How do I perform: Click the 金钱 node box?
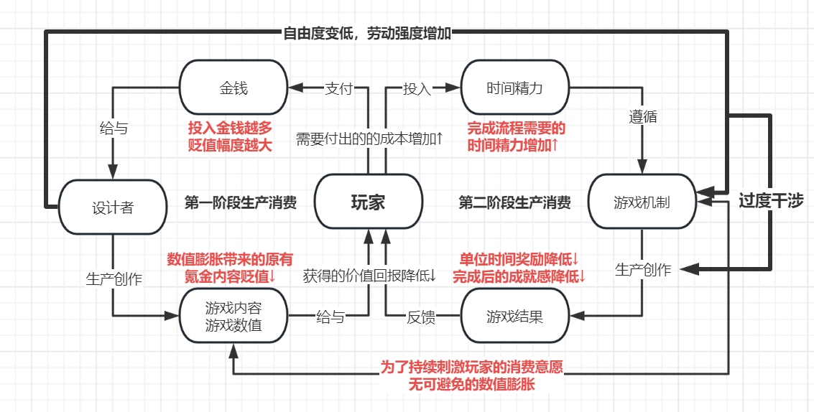point(233,88)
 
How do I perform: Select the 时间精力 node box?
point(514,88)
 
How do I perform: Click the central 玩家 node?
point(368,202)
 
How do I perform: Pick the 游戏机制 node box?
point(642,202)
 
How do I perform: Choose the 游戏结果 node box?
point(514,316)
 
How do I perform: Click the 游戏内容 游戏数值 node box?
point(233,316)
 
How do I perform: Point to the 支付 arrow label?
point(338,88)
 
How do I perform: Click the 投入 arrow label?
point(417,88)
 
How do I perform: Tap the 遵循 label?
point(643,116)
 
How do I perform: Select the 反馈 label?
point(421,317)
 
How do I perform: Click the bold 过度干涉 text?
point(771,201)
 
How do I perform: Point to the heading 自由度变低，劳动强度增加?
point(367,33)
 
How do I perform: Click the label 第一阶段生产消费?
point(241,203)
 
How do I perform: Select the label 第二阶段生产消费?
point(514,203)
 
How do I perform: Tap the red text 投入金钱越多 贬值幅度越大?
point(231,136)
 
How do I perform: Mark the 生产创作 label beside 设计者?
point(113,279)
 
